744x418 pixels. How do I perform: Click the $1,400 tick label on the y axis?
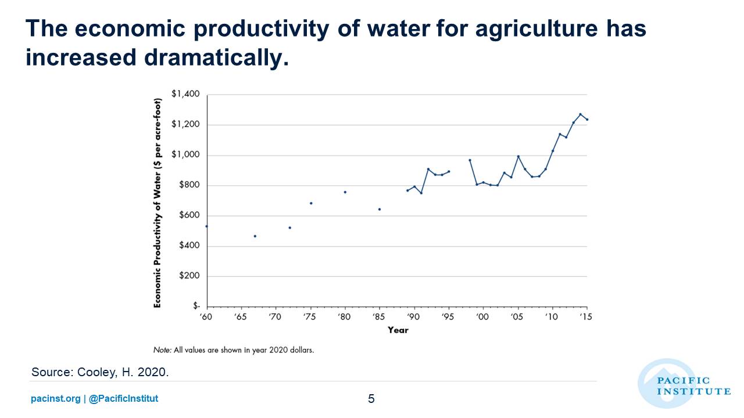click(185, 94)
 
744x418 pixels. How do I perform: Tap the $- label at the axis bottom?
click(196, 306)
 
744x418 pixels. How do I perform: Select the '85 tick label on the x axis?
click(379, 317)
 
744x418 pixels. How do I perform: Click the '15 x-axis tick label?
click(586, 317)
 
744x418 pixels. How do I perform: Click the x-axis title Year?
click(398, 330)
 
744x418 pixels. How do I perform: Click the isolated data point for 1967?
click(255, 236)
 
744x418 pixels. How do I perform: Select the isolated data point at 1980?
click(345, 192)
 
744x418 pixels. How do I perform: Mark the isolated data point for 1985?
click(379, 209)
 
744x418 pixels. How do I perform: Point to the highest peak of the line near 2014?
click(580, 114)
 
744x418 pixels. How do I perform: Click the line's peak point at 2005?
click(518, 156)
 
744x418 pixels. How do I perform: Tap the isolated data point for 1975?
click(311, 203)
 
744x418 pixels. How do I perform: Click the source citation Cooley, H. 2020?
click(100, 372)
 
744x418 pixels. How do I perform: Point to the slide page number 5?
click(371, 399)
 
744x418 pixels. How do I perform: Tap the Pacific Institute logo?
click(683, 384)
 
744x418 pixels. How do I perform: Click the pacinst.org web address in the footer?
click(55, 399)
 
